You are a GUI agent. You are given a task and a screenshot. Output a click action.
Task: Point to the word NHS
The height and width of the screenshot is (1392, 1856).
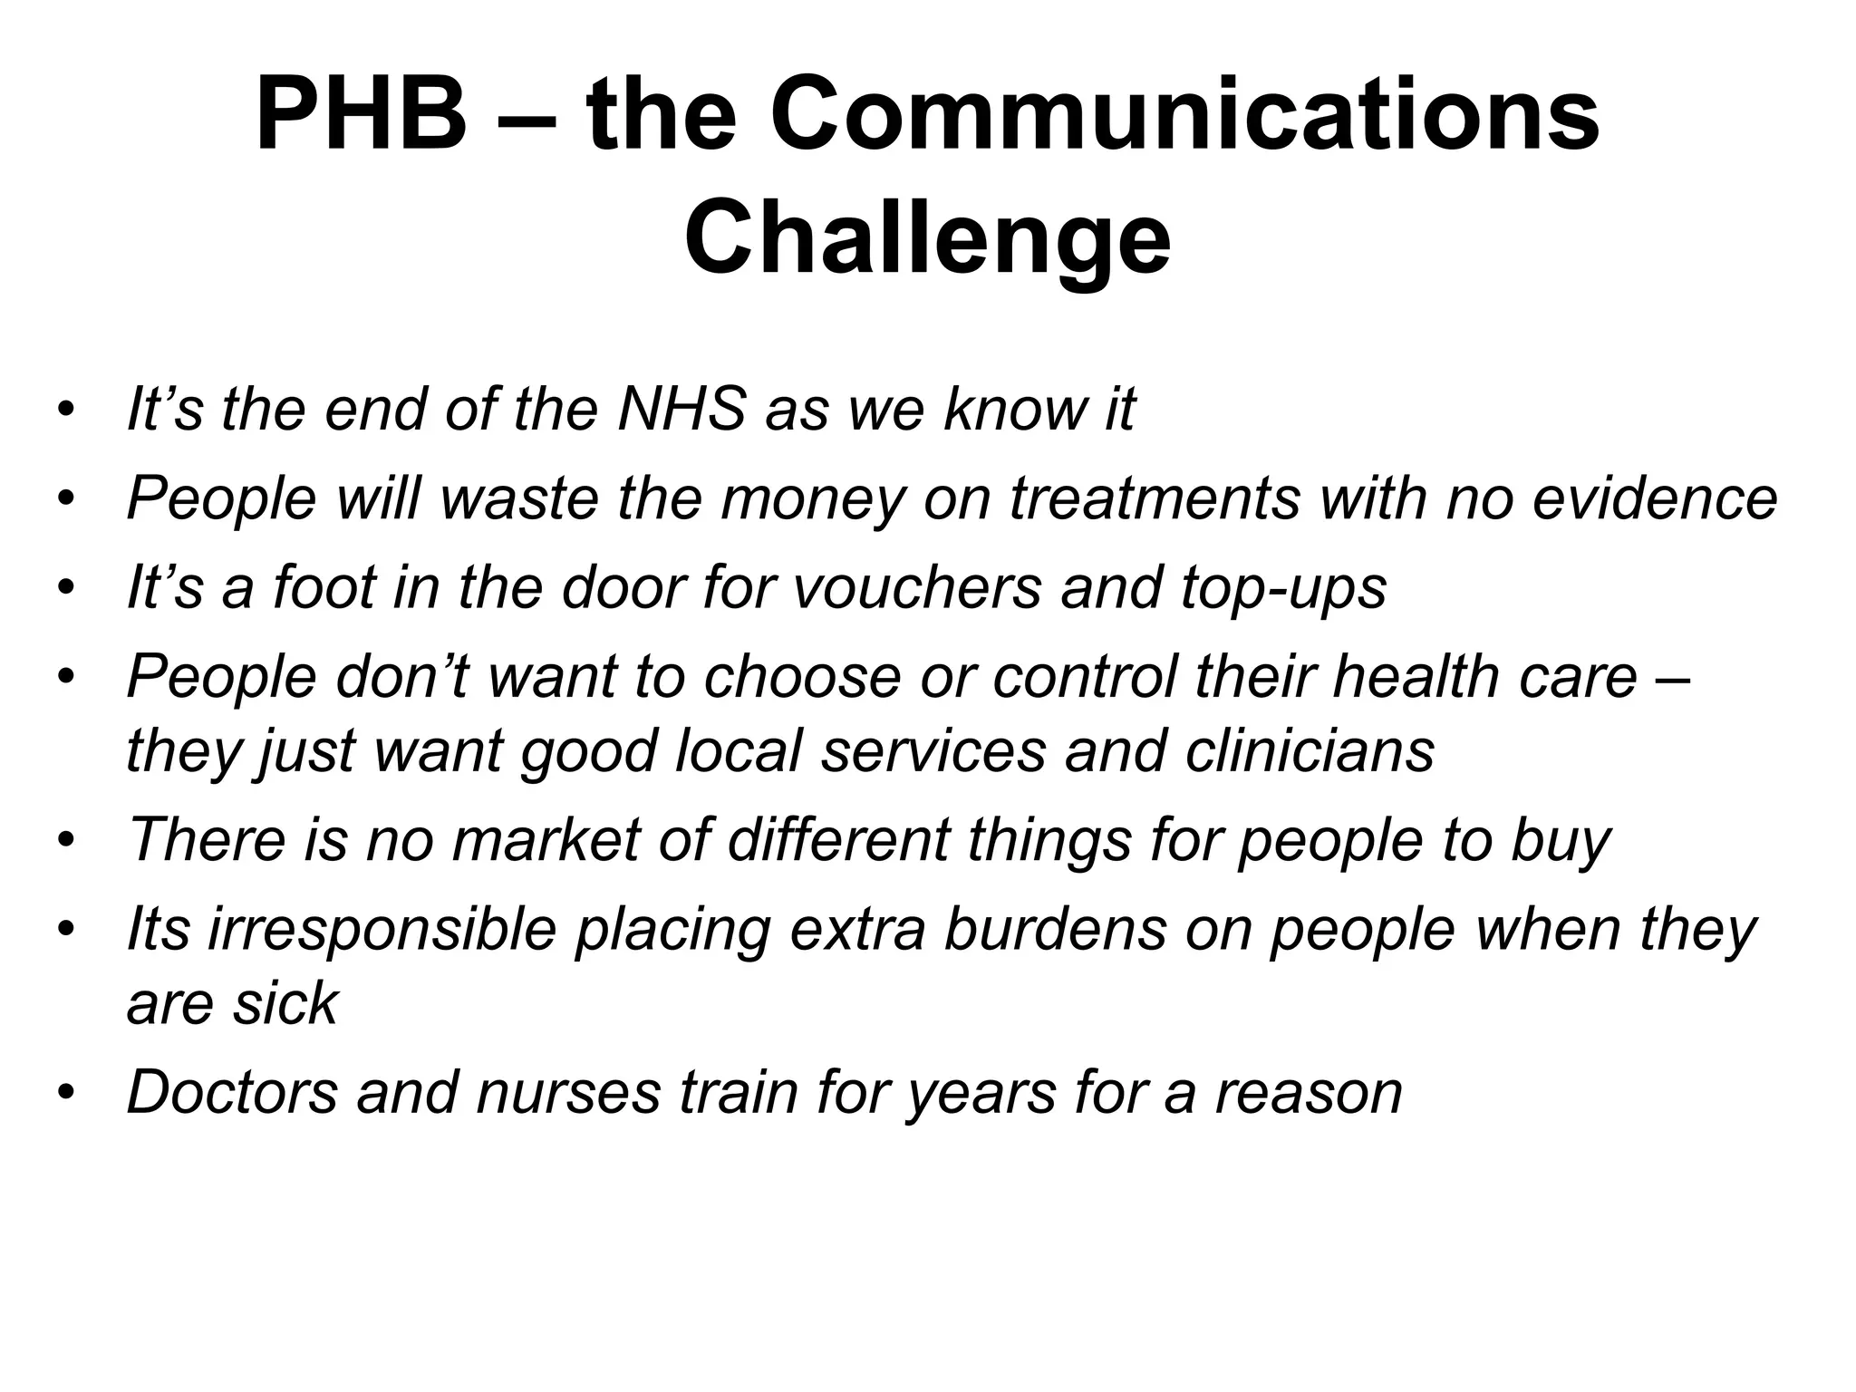[x=681, y=409]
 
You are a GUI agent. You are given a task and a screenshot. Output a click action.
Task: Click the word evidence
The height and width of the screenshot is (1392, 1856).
[x=1655, y=498]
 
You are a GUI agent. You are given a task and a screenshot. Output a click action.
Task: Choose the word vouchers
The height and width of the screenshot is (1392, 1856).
[x=917, y=587]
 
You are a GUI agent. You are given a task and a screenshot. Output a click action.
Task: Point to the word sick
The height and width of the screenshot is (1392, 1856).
[x=284, y=1003]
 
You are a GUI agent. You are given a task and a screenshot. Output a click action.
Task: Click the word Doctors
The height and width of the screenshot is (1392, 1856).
[x=232, y=1092]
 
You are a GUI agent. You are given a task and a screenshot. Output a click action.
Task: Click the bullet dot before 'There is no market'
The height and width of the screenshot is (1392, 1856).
[x=64, y=841]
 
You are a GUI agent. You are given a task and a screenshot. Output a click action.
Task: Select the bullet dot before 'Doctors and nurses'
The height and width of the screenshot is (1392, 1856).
[x=64, y=1094]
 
